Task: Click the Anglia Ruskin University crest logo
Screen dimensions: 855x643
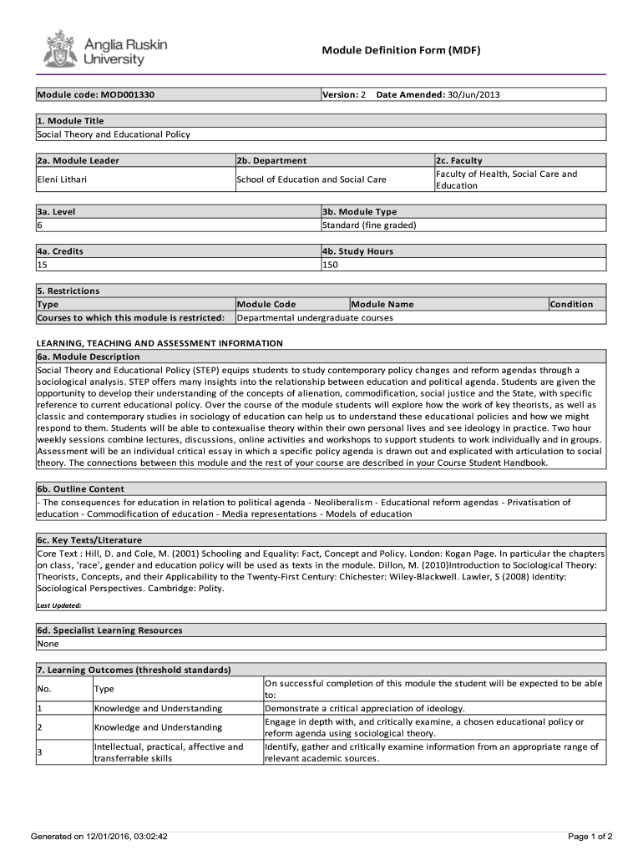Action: (59, 48)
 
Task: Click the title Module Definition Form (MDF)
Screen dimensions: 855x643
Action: (401, 50)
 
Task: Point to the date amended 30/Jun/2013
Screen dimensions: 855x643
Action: (473, 94)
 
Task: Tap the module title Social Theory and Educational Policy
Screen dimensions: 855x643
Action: (114, 134)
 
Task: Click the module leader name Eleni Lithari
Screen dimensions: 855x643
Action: (62, 180)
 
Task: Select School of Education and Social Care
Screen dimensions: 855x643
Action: (311, 180)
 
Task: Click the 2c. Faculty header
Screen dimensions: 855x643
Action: (458, 160)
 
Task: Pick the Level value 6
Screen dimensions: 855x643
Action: (39, 225)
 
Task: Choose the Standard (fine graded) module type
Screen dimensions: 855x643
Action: (369, 225)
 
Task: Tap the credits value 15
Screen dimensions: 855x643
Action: (42, 264)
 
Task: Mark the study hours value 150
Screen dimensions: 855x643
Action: (331, 264)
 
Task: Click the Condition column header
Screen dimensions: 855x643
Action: (571, 304)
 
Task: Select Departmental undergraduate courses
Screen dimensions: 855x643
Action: (315, 317)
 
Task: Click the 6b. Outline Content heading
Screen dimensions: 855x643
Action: (80, 488)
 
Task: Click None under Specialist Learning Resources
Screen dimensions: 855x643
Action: (48, 644)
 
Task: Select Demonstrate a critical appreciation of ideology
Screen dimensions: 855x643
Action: (364, 708)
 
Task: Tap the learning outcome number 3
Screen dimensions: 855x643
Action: (39, 752)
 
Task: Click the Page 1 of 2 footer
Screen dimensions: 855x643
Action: (590, 836)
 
